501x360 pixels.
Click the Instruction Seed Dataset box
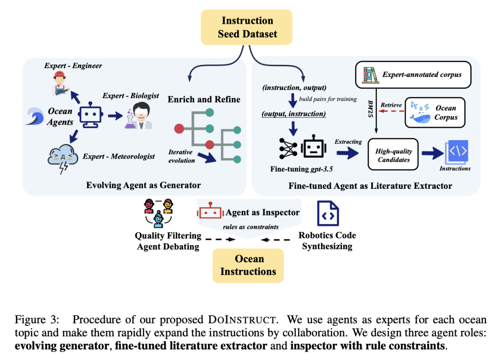247,27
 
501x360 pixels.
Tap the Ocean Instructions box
248,265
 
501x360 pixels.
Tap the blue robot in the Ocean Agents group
91,116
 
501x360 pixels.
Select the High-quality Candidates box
393,155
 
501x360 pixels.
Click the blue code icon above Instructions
456,152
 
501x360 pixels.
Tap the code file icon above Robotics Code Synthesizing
328,213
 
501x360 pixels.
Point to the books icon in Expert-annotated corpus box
369,74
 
